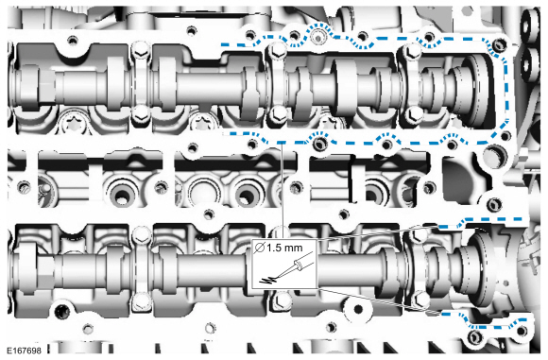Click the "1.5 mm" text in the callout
284,248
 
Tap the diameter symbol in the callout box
259,248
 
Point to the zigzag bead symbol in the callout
267,280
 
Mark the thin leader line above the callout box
282,191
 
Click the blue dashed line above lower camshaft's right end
482,221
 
